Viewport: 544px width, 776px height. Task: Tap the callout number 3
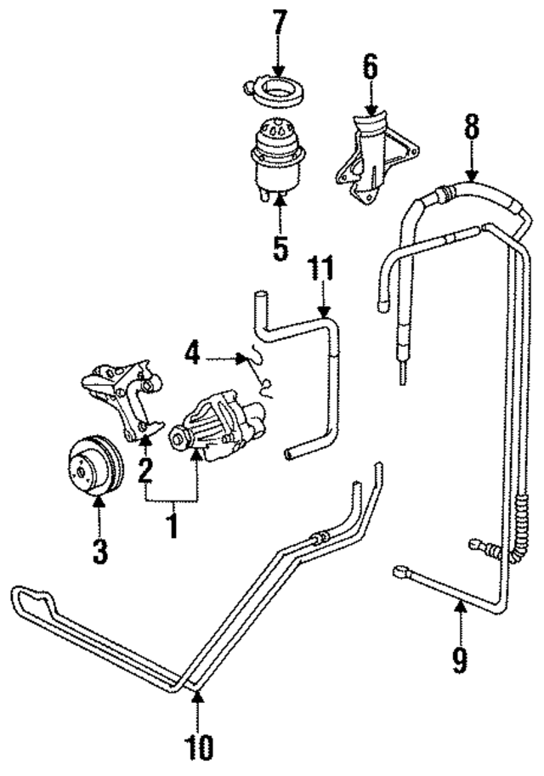[x=100, y=551]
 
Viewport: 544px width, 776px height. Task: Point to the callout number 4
[x=194, y=353]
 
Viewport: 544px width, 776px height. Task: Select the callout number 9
[x=460, y=659]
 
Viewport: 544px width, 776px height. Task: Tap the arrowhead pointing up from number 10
[x=198, y=699]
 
